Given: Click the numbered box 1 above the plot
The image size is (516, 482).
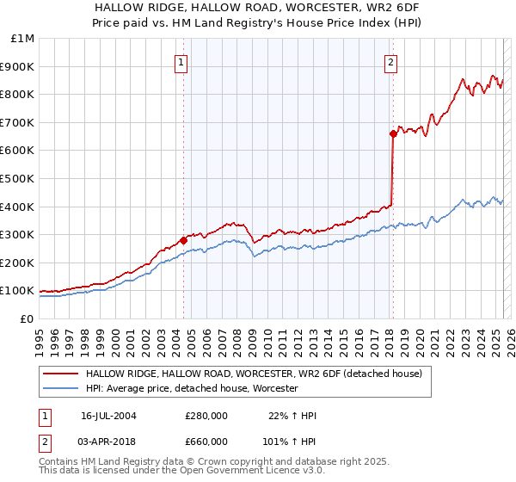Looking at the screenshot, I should click(x=182, y=61).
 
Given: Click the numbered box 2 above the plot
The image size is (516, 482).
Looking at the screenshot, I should click(x=391, y=61).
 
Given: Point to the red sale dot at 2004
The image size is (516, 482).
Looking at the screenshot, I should click(x=183, y=240).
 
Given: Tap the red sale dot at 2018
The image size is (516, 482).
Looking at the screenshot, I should click(x=393, y=133).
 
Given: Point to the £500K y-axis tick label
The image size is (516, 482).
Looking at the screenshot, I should click(x=17, y=179).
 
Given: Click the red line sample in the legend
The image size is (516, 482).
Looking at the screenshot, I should click(x=60, y=374).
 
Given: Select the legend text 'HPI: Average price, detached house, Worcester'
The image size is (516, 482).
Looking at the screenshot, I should click(x=191, y=389).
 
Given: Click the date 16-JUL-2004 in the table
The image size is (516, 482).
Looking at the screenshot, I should click(x=109, y=416).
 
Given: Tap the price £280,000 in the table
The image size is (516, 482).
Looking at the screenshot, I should click(x=206, y=416).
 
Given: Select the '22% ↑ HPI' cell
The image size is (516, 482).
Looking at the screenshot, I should click(x=293, y=416).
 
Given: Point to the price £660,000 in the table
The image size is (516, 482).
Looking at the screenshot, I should click(x=206, y=442).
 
